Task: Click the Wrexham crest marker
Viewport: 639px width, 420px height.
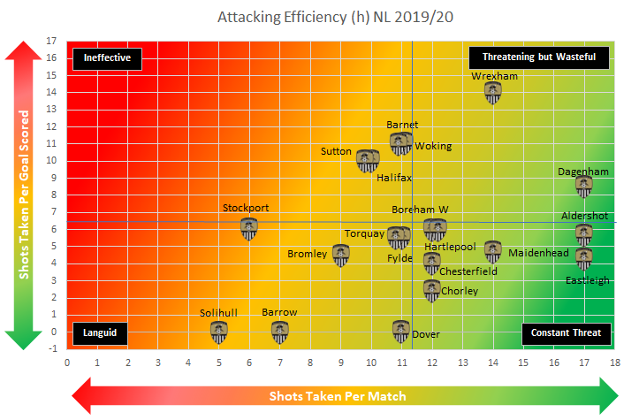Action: click(x=493, y=92)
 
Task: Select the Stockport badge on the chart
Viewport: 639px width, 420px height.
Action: click(x=250, y=229)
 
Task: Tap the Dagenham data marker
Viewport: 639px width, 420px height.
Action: click(x=583, y=186)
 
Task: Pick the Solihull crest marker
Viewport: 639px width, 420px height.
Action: click(x=219, y=332)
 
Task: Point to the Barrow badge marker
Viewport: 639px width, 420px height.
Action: click(x=280, y=332)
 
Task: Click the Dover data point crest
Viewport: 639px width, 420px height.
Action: click(x=401, y=332)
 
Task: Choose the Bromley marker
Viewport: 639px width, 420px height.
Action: click(x=341, y=255)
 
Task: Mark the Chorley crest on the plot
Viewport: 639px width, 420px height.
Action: click(x=432, y=289)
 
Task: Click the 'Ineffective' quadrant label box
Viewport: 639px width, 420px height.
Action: click(x=108, y=58)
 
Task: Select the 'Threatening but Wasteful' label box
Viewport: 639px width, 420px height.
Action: click(x=539, y=58)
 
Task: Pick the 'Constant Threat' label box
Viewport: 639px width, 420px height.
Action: click(x=566, y=333)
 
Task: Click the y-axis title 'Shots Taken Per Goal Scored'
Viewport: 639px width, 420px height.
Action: click(x=24, y=194)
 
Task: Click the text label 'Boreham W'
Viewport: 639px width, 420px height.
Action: click(x=421, y=210)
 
